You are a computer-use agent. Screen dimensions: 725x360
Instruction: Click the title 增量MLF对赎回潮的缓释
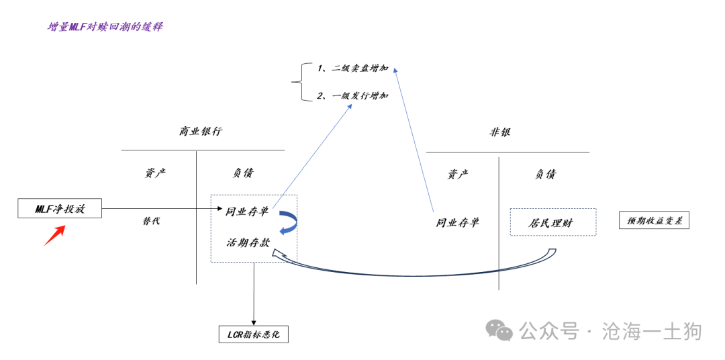click(105, 27)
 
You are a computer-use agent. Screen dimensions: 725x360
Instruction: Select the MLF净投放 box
click(60, 209)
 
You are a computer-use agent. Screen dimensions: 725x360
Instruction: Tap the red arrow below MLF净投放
click(54, 235)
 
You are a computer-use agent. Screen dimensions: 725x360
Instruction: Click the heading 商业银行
click(200, 132)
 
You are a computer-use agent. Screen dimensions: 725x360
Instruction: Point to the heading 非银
click(500, 132)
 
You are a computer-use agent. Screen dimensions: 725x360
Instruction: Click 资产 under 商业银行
click(155, 173)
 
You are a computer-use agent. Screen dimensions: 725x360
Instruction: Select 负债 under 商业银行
click(243, 173)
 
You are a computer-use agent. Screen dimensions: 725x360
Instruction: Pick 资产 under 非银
click(458, 174)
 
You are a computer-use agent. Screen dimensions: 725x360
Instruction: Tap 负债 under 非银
click(545, 174)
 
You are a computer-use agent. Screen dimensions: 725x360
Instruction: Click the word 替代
click(151, 221)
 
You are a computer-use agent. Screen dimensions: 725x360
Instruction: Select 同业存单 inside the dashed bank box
click(247, 212)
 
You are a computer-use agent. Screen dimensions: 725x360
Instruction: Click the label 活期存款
click(248, 242)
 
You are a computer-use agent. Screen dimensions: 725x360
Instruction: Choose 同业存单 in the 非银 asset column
click(458, 222)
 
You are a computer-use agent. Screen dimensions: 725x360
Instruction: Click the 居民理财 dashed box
click(552, 222)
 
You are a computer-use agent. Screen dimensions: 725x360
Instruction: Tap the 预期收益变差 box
click(654, 220)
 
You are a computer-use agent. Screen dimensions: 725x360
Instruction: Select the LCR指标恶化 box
click(254, 334)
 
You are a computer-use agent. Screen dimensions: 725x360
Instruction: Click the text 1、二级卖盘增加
click(352, 69)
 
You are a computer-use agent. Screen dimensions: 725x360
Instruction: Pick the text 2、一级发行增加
click(352, 96)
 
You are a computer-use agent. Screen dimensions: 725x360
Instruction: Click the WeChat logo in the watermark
click(499, 329)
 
